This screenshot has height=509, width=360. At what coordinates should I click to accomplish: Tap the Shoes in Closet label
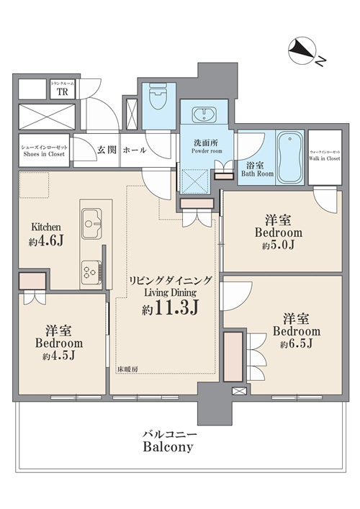point(44,150)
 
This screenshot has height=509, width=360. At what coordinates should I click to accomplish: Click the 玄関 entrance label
point(107,150)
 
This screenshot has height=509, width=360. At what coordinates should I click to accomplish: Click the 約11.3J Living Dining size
point(170,310)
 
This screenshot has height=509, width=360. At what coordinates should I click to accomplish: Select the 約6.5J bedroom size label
point(295,344)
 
